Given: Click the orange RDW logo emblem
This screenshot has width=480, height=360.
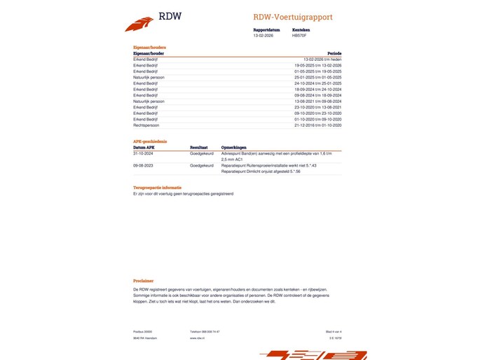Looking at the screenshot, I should click(139, 23).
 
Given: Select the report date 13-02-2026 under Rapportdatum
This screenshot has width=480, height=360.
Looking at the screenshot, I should click(263, 35).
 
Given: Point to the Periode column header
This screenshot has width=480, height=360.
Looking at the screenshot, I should click(334, 53).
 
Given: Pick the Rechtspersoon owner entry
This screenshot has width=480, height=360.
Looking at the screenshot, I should click(146, 125).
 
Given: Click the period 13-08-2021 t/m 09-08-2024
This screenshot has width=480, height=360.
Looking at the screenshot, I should click(317, 101).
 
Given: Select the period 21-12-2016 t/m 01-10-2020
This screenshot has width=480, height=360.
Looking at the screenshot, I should click(317, 125).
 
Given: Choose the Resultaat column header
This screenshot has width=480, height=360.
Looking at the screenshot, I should click(199, 148).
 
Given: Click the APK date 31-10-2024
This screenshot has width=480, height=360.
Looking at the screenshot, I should click(143, 153).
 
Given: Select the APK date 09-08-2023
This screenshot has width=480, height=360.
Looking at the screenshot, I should click(143, 165).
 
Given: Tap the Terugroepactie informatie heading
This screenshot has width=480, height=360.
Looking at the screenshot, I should click(157, 188).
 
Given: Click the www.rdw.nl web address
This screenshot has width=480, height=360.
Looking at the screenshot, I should click(197, 338).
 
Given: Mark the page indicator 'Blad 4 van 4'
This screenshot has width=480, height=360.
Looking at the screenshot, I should click(332, 331).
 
